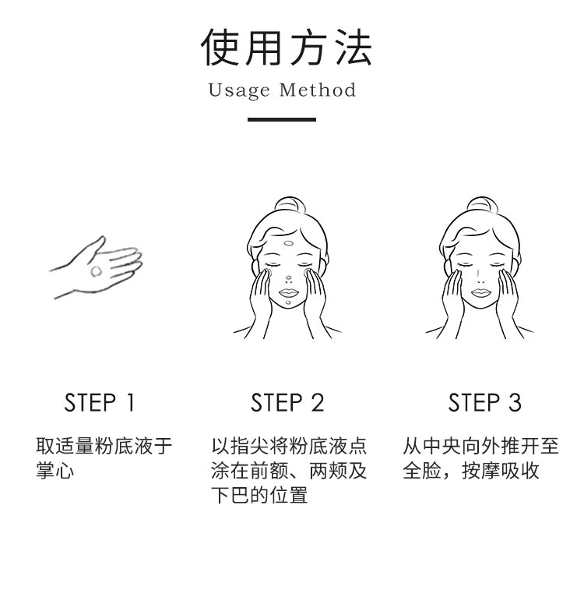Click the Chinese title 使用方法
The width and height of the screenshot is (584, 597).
click(286, 48)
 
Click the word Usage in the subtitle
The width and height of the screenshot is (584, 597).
click(239, 90)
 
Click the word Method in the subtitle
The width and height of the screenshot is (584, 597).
click(317, 90)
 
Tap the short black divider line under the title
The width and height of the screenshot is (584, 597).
click(282, 119)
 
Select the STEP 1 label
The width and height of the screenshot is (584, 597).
click(100, 402)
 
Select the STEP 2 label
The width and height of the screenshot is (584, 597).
click(287, 402)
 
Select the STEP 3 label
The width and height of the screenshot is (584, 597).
click(484, 402)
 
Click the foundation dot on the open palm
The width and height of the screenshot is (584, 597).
click(96, 271)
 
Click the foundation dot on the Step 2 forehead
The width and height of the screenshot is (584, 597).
click(289, 243)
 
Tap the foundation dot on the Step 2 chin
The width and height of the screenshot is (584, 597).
click(288, 303)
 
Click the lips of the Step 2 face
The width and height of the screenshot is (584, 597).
click(288, 292)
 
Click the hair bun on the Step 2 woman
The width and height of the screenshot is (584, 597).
click(290, 204)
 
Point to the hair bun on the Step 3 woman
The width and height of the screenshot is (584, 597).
click(482, 204)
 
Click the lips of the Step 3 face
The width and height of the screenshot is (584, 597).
click(481, 292)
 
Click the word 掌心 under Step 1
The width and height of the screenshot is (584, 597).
click(55, 471)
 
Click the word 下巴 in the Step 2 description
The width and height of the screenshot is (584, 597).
click(230, 496)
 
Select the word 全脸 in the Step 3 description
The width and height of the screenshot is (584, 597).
click(422, 471)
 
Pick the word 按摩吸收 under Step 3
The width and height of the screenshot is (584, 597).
click(501, 471)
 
